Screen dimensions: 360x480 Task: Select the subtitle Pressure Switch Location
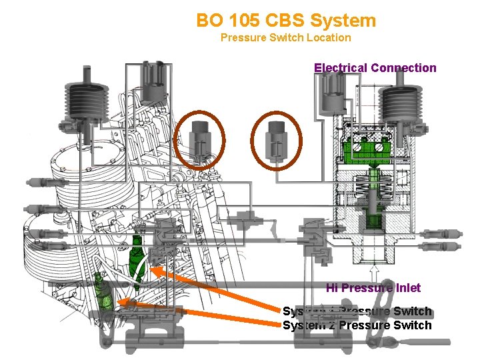point(285,37)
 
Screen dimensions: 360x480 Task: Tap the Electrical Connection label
point(375,67)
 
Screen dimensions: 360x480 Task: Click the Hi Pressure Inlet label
point(373,288)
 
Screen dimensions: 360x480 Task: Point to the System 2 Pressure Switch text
point(357,325)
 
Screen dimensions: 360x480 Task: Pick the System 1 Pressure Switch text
point(357,311)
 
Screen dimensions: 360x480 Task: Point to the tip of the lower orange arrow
point(119,302)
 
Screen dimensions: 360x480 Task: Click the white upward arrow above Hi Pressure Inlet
point(374,273)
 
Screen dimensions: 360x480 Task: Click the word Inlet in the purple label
point(407,288)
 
